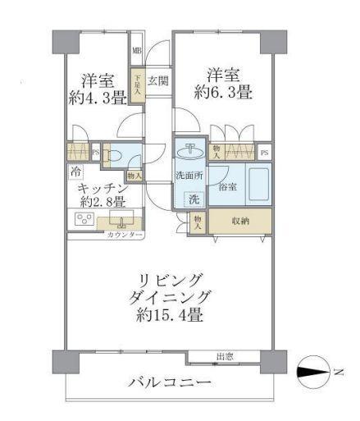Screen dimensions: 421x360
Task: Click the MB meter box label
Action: pyautogui.click(x=137, y=52)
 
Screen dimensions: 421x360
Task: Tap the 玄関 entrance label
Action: pyautogui.click(x=159, y=81)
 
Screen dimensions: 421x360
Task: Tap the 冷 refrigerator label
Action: pyautogui.click(x=75, y=173)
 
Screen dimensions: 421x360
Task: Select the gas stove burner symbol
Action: pyautogui.click(x=84, y=219)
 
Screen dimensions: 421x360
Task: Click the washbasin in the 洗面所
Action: pyautogui.click(x=189, y=151)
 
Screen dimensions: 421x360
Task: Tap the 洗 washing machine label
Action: pyautogui.click(x=192, y=199)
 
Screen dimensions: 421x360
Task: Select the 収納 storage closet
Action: pyautogui.click(x=240, y=220)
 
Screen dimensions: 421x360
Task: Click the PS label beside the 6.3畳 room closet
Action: pyautogui.click(x=264, y=152)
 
